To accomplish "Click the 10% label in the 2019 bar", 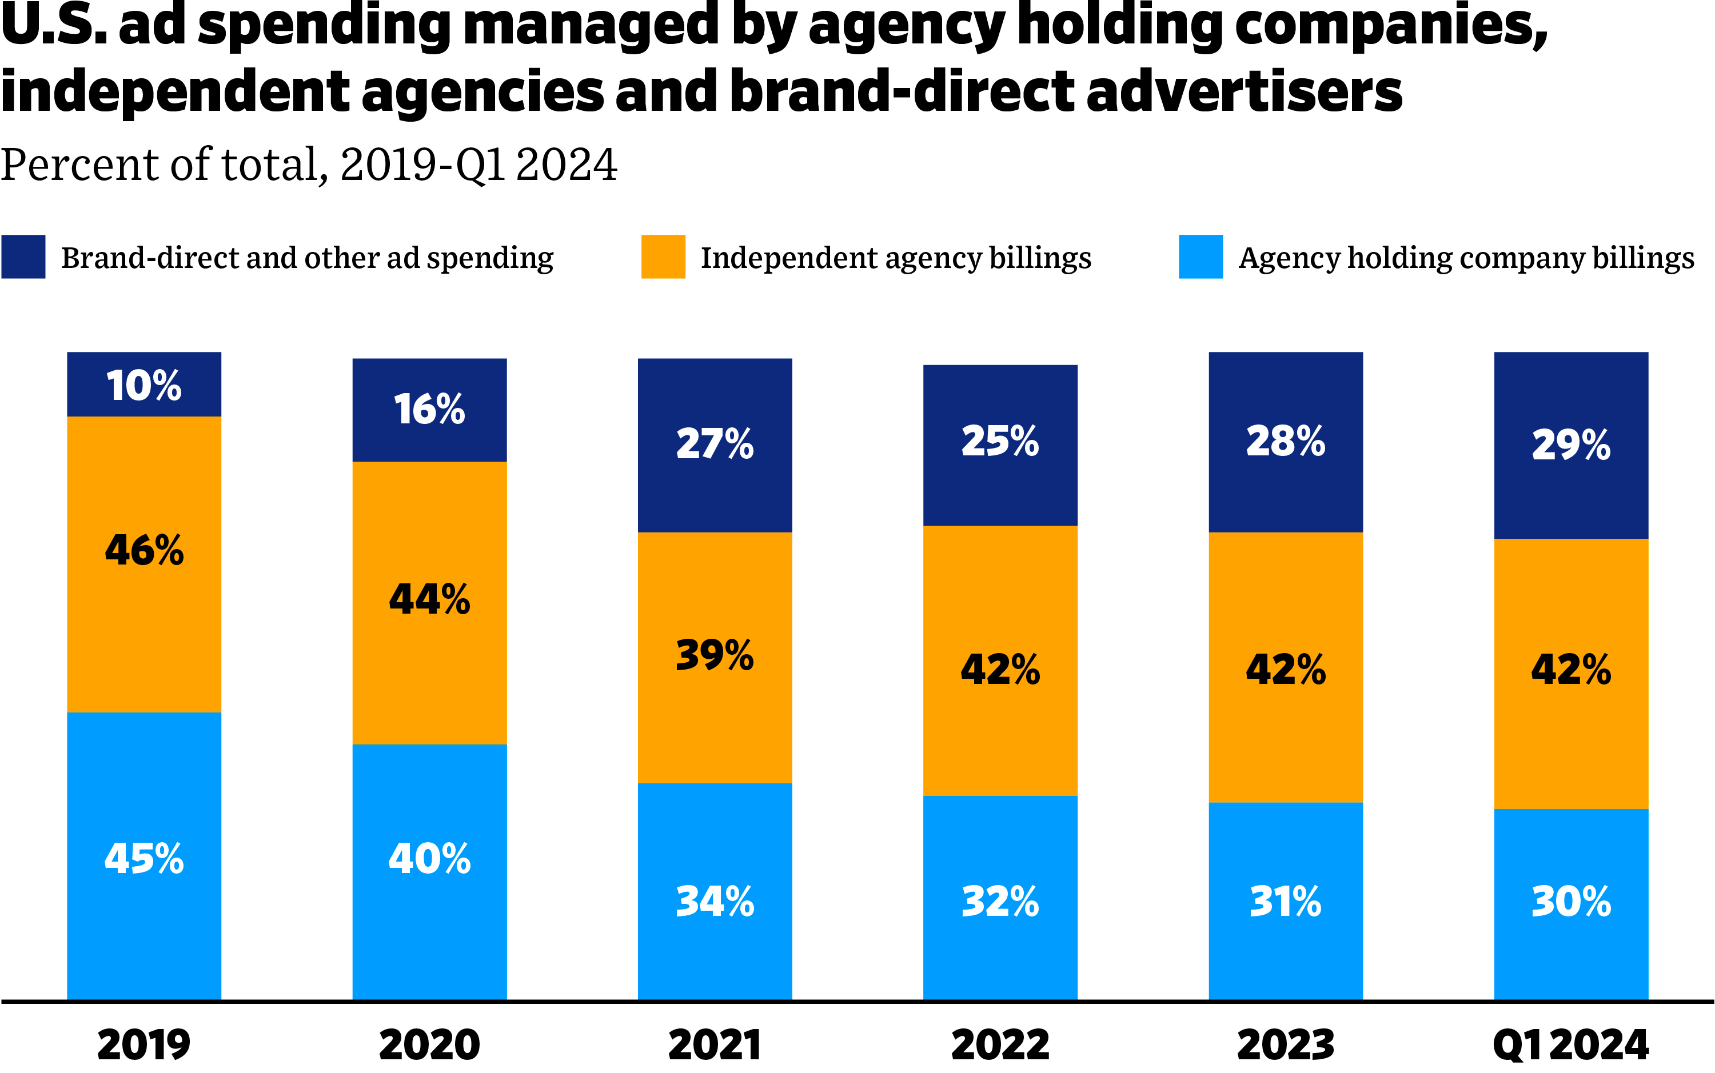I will point(144,385).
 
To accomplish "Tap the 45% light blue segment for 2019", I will point(144,858).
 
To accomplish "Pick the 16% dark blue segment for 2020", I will point(429,410).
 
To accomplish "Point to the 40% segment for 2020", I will point(429,858).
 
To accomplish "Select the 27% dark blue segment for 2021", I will point(715,445).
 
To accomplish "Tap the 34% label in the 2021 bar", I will point(715,901).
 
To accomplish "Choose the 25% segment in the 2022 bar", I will point(1000,442).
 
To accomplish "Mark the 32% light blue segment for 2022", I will point(1000,901).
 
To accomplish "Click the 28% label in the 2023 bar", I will point(1286,442).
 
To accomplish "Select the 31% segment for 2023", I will point(1286,901).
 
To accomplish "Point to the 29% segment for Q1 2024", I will point(1571,445).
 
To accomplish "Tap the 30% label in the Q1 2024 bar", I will point(1571,901).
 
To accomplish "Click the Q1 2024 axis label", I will point(1570,1044).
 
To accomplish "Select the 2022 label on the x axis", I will point(1000,1044).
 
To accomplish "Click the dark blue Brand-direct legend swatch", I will point(23,257).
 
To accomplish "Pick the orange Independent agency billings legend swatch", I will point(663,257).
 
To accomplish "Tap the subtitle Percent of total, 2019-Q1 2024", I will point(309,165).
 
